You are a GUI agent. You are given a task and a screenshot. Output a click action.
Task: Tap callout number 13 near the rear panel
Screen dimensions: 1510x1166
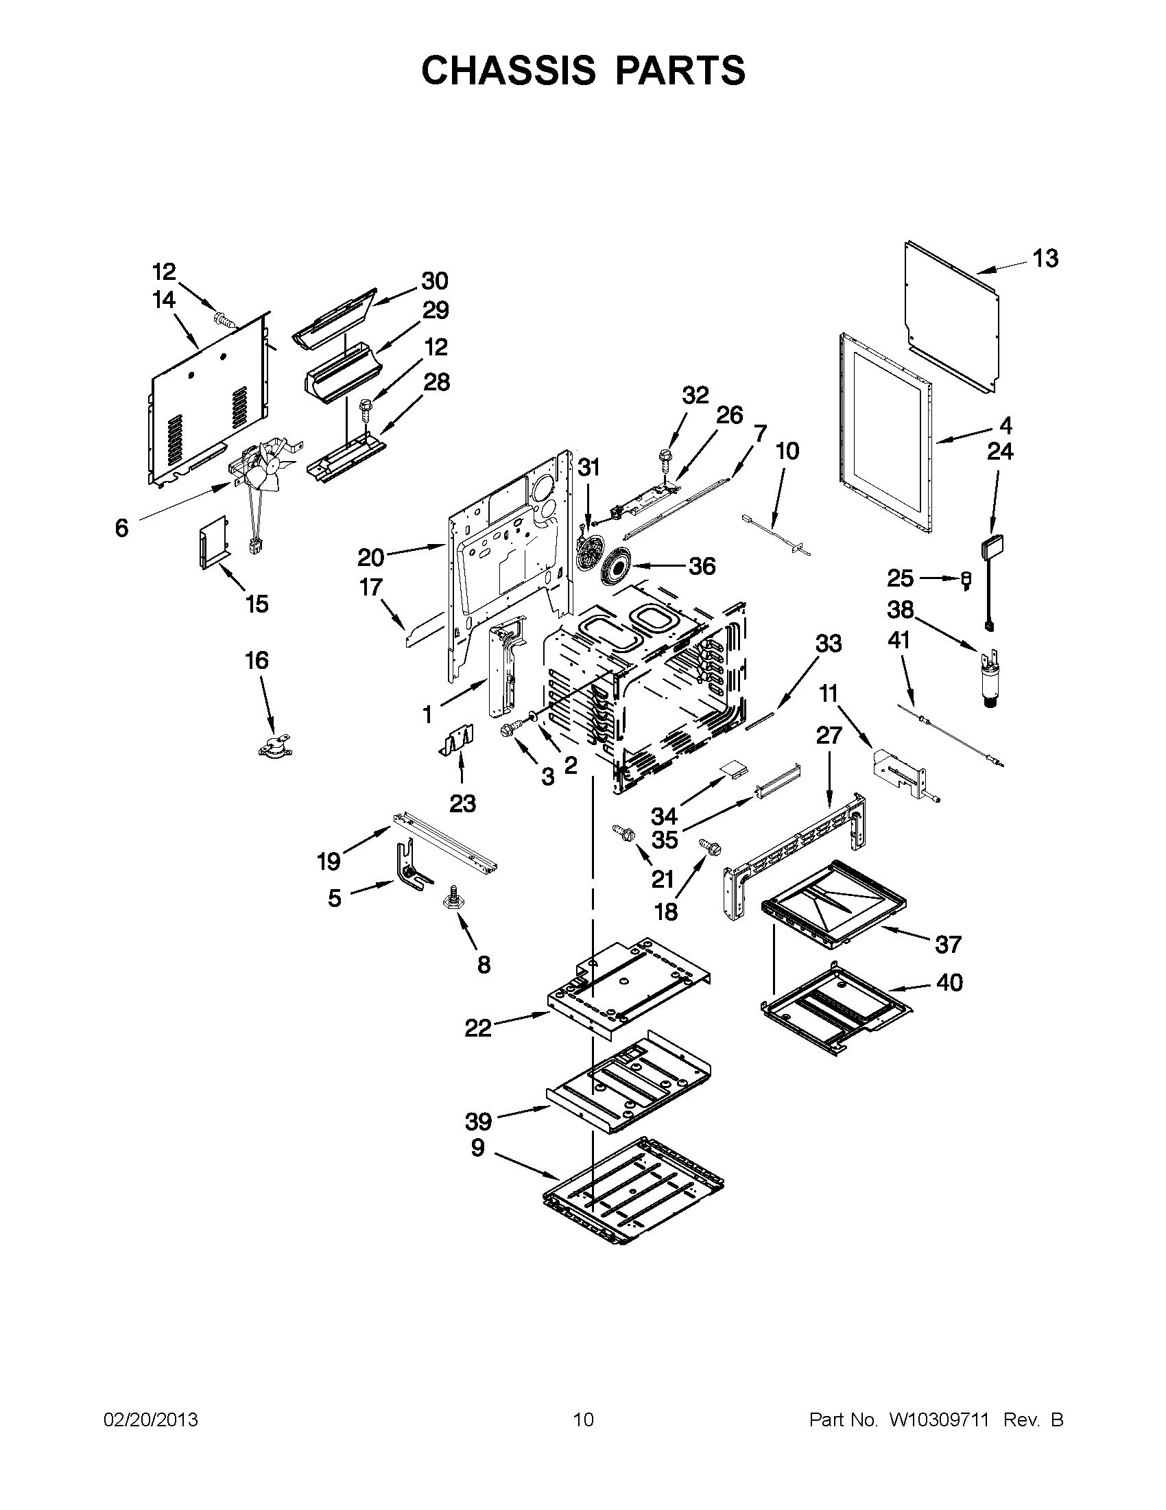pos(1045,259)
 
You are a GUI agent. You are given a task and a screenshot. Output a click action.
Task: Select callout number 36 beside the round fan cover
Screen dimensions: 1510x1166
pos(702,566)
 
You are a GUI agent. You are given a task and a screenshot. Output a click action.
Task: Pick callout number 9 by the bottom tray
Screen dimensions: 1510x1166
pos(477,1148)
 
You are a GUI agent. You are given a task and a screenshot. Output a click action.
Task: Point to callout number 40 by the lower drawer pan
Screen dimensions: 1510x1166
pos(950,982)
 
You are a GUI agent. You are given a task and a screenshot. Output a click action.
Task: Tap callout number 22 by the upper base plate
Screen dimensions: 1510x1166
pos(478,1028)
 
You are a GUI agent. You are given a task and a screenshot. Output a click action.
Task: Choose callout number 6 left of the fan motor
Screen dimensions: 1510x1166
pos(121,528)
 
